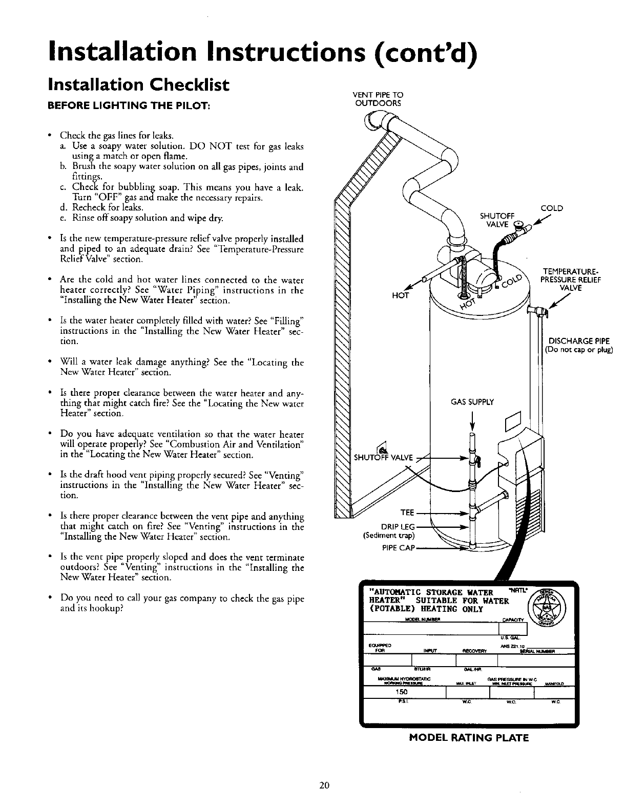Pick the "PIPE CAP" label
tap(398, 548)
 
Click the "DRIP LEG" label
tap(398, 527)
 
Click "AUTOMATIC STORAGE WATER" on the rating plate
tap(433, 593)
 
